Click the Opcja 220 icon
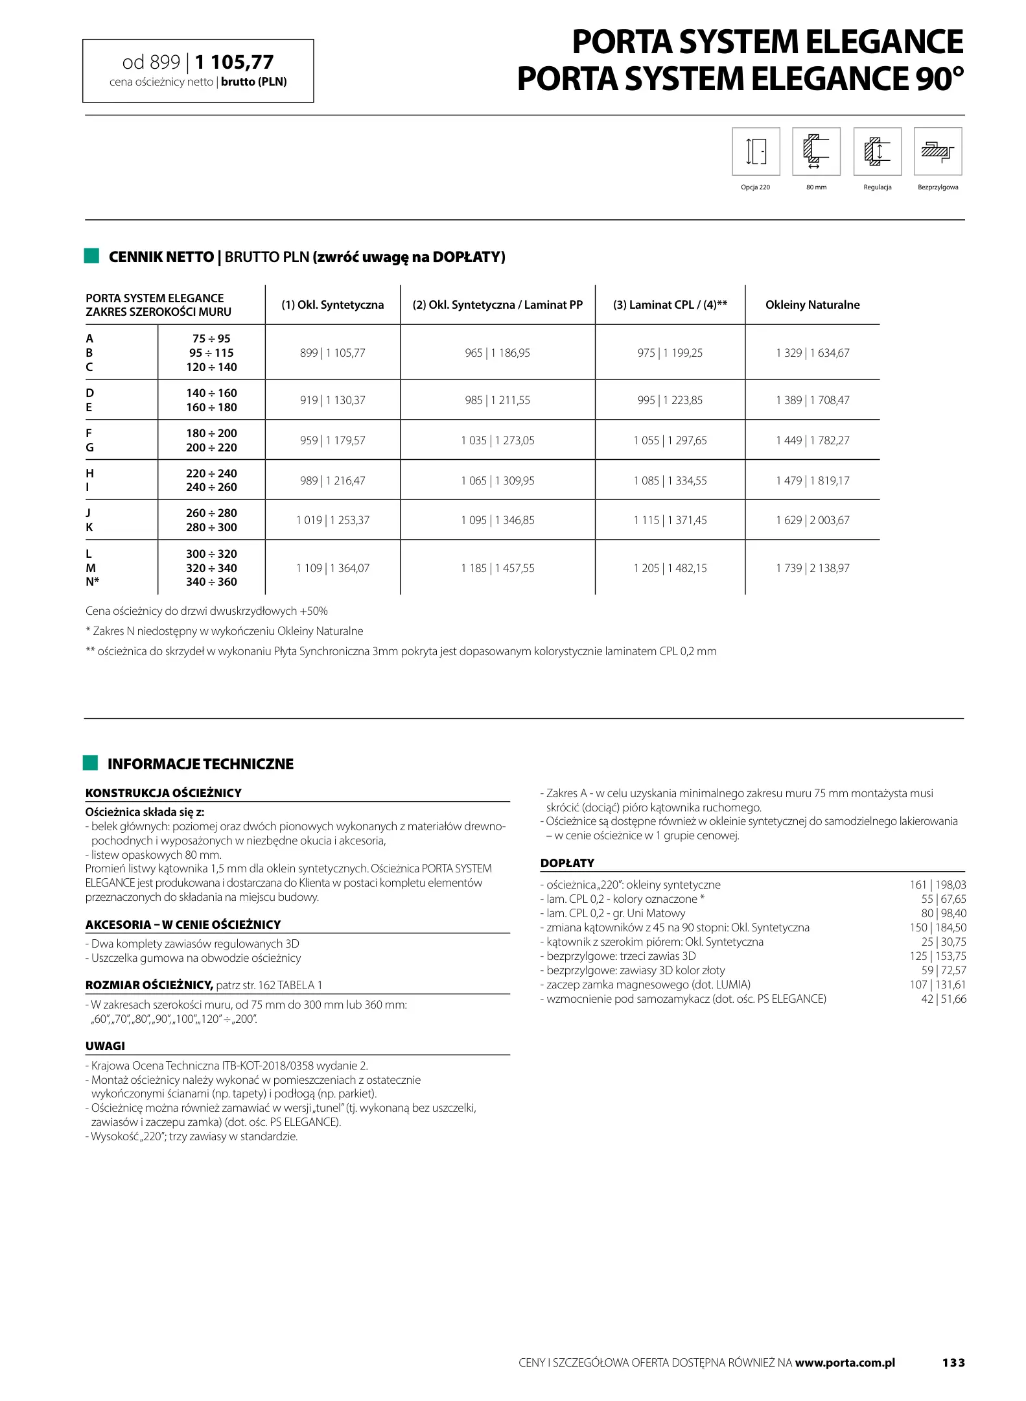click(x=756, y=152)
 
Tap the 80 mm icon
click(x=816, y=152)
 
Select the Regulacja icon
click(x=877, y=152)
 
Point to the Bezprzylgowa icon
click(x=937, y=152)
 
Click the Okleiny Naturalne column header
click(x=812, y=305)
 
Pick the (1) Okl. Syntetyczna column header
click(x=332, y=305)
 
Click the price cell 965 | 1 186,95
click(x=497, y=353)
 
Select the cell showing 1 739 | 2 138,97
click(x=812, y=568)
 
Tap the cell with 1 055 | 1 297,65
click(x=670, y=440)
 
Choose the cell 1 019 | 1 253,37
click(x=332, y=520)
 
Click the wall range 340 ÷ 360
click(x=211, y=582)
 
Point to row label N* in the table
click(x=92, y=582)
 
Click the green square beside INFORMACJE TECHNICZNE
click(x=91, y=763)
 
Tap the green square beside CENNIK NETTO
click(x=91, y=256)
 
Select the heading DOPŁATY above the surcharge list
click(x=567, y=863)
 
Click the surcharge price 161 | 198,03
click(x=937, y=885)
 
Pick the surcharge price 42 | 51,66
click(x=943, y=999)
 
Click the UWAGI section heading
click(x=105, y=1046)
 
